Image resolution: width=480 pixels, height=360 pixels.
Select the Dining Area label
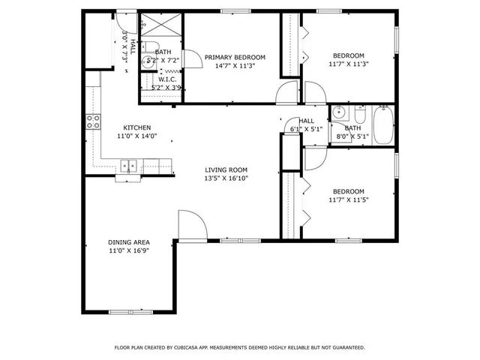click(129, 242)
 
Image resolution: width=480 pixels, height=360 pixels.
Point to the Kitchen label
click(137, 127)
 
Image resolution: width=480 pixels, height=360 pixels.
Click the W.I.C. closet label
click(166, 79)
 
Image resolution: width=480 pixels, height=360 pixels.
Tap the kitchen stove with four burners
click(94, 121)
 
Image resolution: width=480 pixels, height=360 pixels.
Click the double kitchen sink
click(127, 166)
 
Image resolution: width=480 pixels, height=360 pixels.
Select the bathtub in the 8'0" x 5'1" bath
click(382, 125)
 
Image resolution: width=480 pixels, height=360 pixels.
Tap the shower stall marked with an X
click(159, 25)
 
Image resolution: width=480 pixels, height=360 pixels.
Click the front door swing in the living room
click(190, 225)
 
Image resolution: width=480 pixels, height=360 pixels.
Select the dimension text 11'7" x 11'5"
click(348, 199)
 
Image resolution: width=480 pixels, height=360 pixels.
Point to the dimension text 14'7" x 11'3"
click(235, 65)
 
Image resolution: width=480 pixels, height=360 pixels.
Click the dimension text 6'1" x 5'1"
click(306, 129)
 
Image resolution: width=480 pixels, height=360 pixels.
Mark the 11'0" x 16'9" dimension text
click(129, 251)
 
